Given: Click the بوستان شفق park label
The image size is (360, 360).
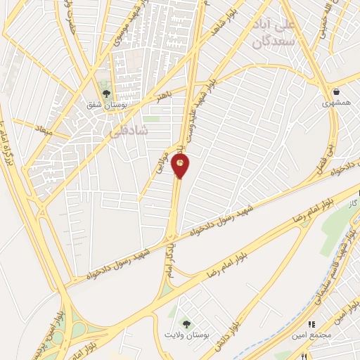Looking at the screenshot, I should pos(106,106).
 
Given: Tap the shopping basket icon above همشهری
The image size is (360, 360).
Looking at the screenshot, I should pos(336,91).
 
